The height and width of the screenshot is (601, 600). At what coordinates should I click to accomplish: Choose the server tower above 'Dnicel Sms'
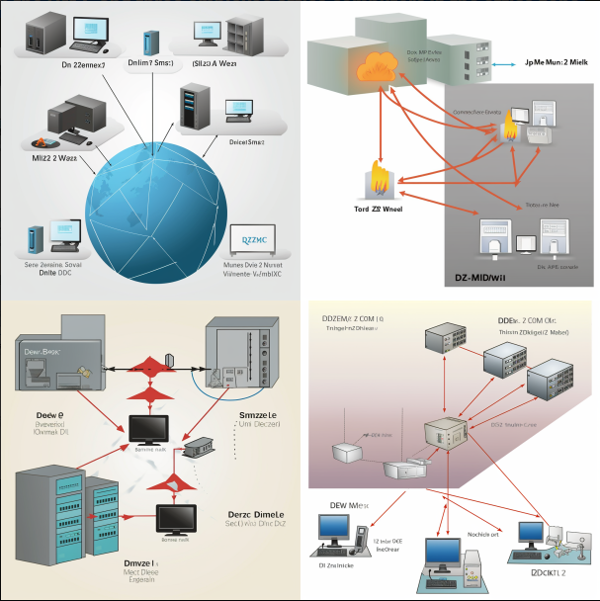[194, 104]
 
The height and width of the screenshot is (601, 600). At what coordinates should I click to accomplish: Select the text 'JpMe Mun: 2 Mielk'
[557, 61]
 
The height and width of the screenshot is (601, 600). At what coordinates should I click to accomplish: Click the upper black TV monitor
[151, 430]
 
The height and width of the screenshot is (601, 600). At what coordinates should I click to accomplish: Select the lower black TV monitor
[177, 520]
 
